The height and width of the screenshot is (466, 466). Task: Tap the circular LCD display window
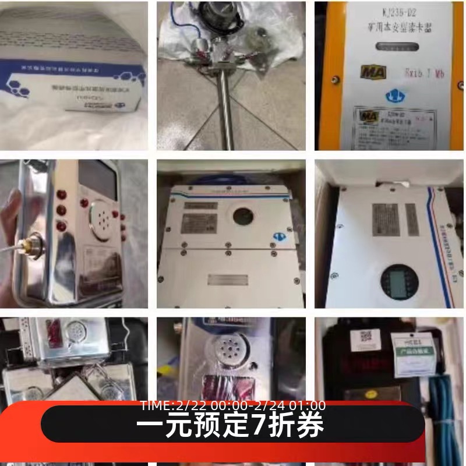(400, 281)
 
